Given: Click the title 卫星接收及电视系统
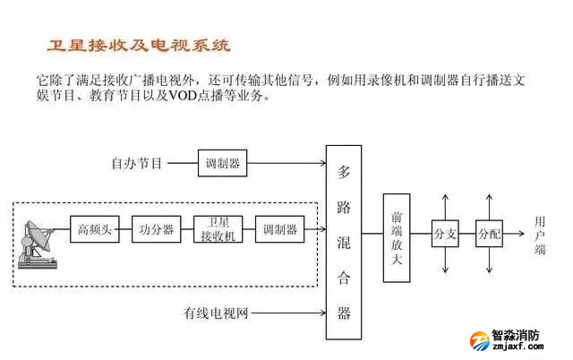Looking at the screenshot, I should tap(139, 45).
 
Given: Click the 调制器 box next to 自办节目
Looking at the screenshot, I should tap(222, 164).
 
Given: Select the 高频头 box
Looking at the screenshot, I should tap(94, 229).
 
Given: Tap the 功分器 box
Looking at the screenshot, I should tap(156, 229).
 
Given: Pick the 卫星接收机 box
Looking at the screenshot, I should tap(218, 229).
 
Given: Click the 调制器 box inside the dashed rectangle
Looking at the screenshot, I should tap(279, 229).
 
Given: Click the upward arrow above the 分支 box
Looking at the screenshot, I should tap(445, 201).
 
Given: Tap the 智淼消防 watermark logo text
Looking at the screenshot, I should tap(517, 337).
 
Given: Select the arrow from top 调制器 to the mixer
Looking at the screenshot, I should tap(286, 164).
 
